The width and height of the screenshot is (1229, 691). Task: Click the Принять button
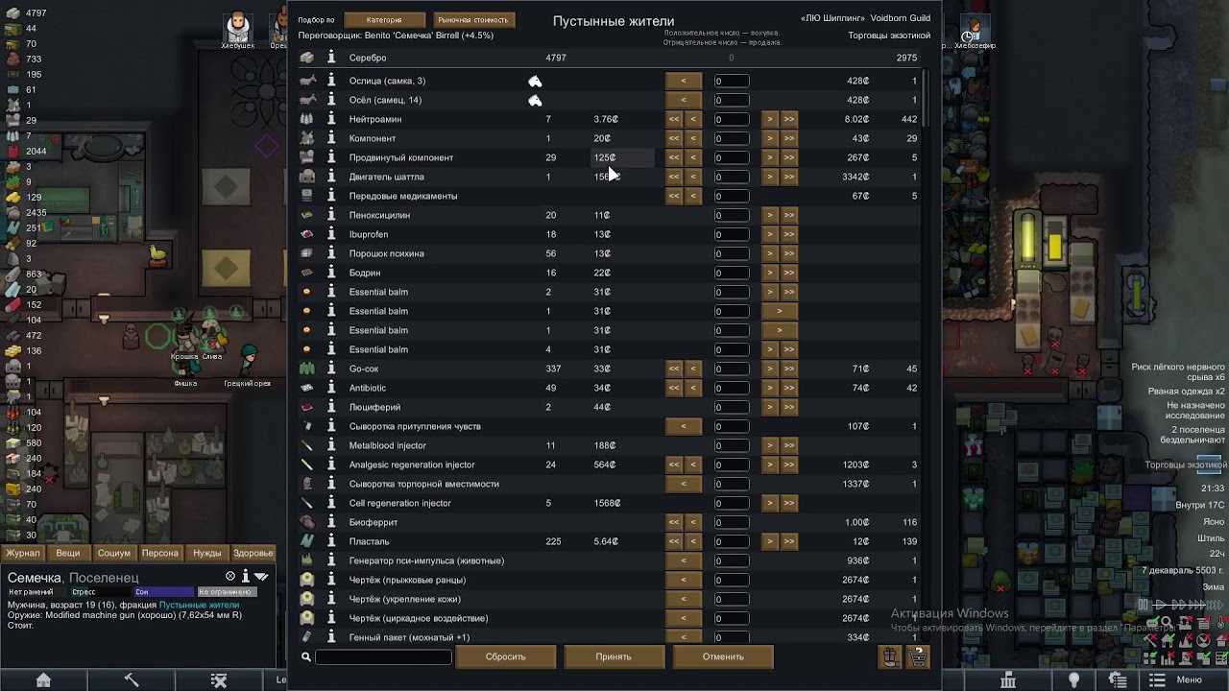click(x=614, y=656)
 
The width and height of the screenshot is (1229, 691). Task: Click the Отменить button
click(x=723, y=656)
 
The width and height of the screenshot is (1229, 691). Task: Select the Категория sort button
click(x=383, y=19)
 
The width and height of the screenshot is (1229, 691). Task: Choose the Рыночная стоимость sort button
click(x=472, y=19)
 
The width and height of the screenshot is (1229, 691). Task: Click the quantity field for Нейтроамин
click(x=731, y=119)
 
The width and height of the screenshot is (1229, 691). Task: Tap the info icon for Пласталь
click(x=331, y=541)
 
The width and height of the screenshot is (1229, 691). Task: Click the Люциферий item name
click(x=374, y=407)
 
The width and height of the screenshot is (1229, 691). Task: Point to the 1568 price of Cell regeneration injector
click(x=607, y=503)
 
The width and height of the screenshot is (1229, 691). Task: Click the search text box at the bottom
click(x=383, y=656)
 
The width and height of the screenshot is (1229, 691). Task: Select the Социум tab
click(x=114, y=553)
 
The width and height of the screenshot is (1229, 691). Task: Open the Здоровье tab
click(x=253, y=553)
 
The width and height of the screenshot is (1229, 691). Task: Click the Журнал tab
click(x=23, y=553)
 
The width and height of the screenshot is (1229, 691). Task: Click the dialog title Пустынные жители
click(x=614, y=21)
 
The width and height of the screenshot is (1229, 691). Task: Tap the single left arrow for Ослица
click(x=684, y=81)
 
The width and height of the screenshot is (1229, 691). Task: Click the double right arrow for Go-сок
click(x=788, y=369)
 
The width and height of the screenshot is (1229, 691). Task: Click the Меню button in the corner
click(x=1189, y=679)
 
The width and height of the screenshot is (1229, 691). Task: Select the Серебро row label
click(x=368, y=58)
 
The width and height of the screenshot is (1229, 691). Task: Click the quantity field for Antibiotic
click(x=731, y=388)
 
